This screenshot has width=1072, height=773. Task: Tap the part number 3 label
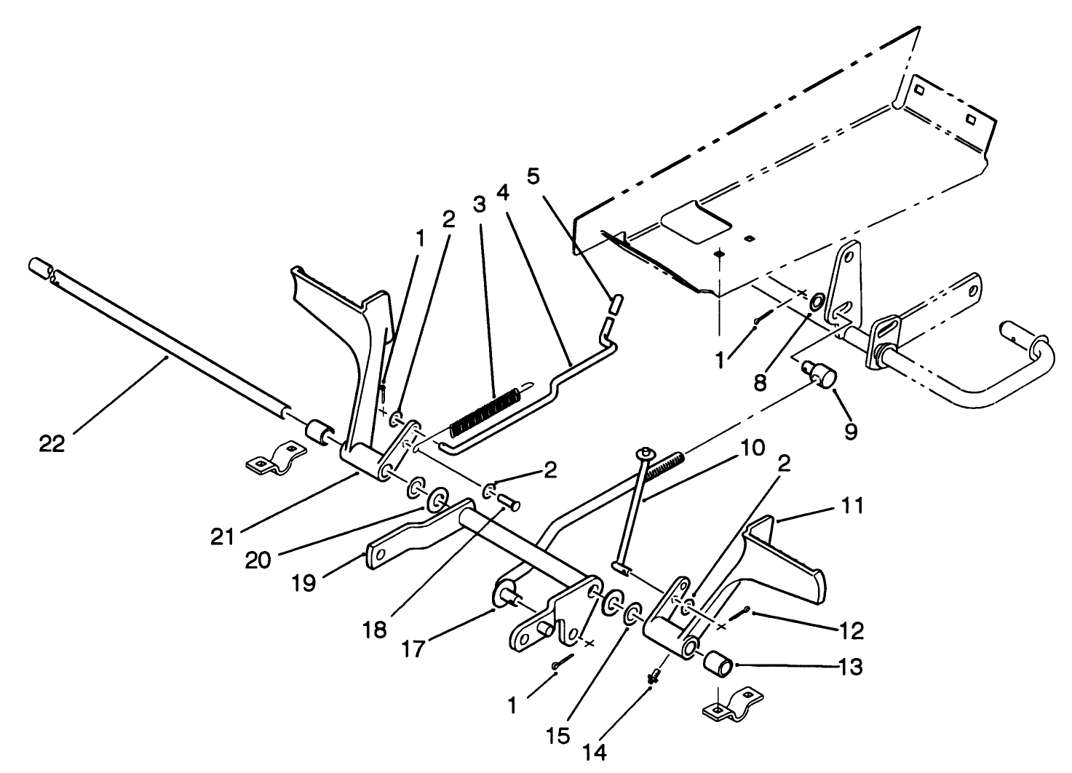pyautogui.click(x=478, y=204)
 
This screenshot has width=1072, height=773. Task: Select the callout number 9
pyautogui.click(x=851, y=431)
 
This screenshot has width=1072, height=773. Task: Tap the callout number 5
pyautogui.click(x=534, y=177)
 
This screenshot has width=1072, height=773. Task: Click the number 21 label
pyautogui.click(x=223, y=536)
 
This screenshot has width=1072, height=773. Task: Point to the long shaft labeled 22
pyautogui.click(x=167, y=357)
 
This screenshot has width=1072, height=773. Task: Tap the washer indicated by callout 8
pyautogui.click(x=816, y=302)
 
